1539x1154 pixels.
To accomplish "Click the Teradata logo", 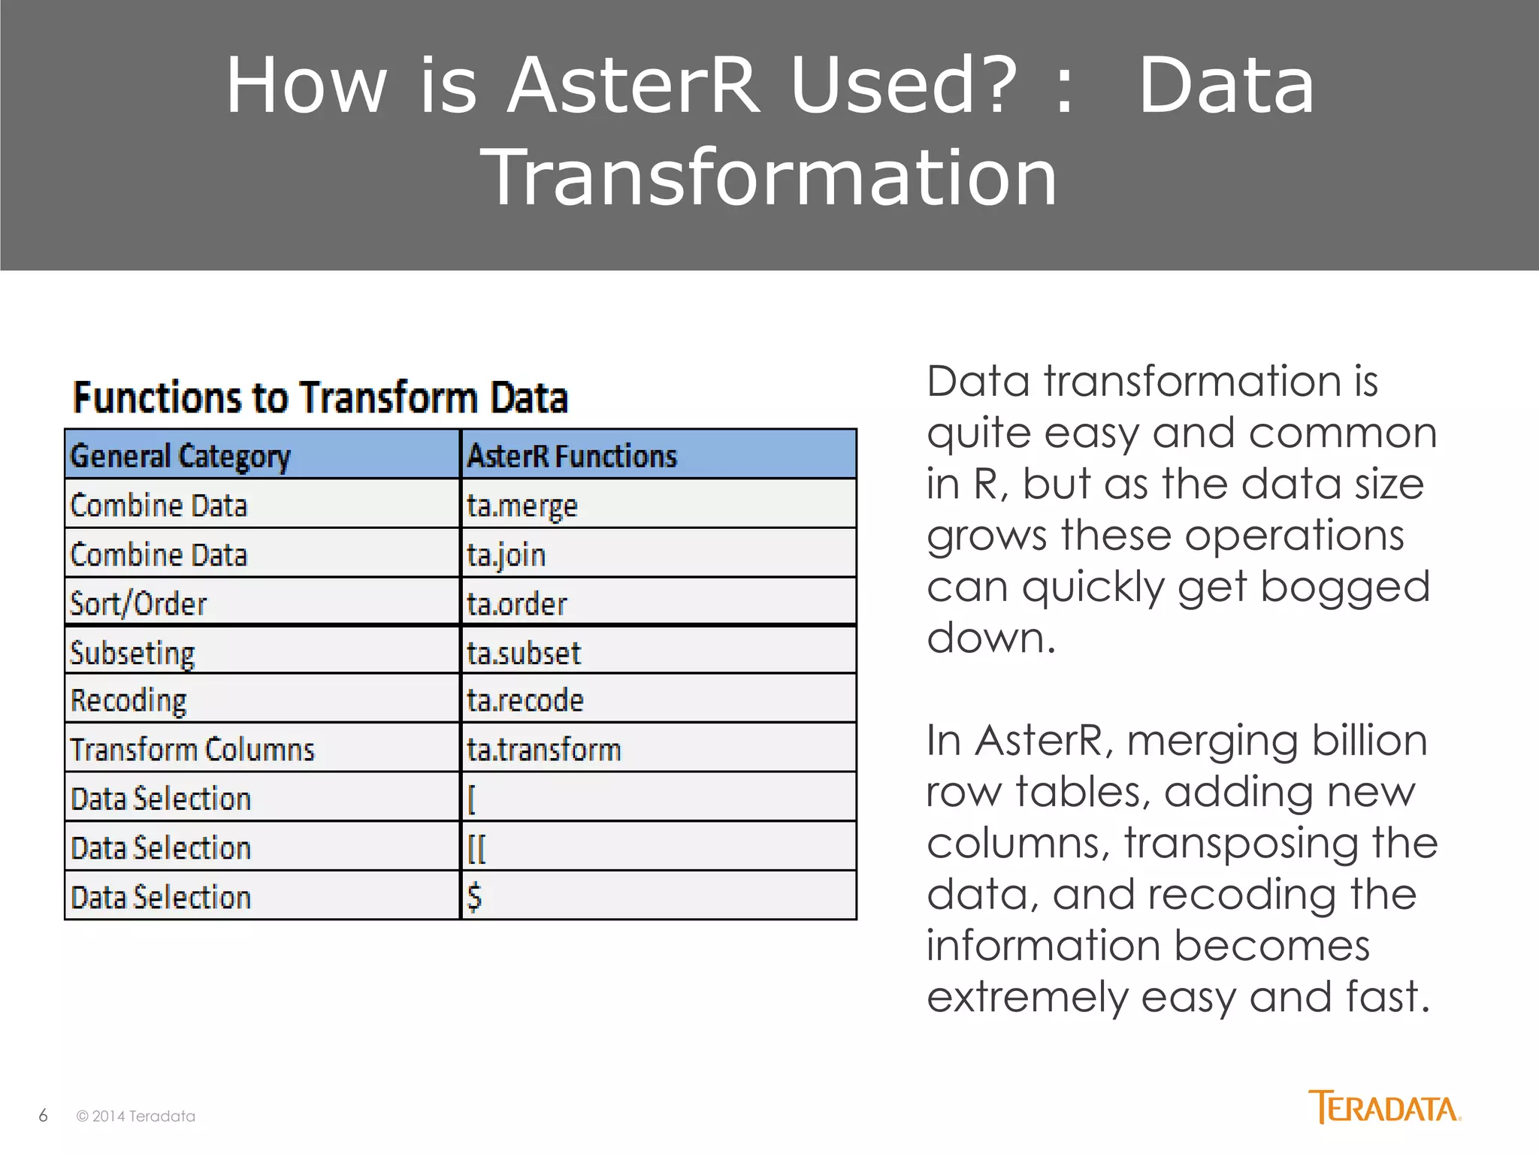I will (x=1384, y=1107).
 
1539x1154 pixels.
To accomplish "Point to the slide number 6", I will (x=43, y=1116).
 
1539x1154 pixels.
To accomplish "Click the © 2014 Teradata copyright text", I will (x=136, y=1116).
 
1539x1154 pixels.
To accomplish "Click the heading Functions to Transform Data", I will (x=320, y=397).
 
